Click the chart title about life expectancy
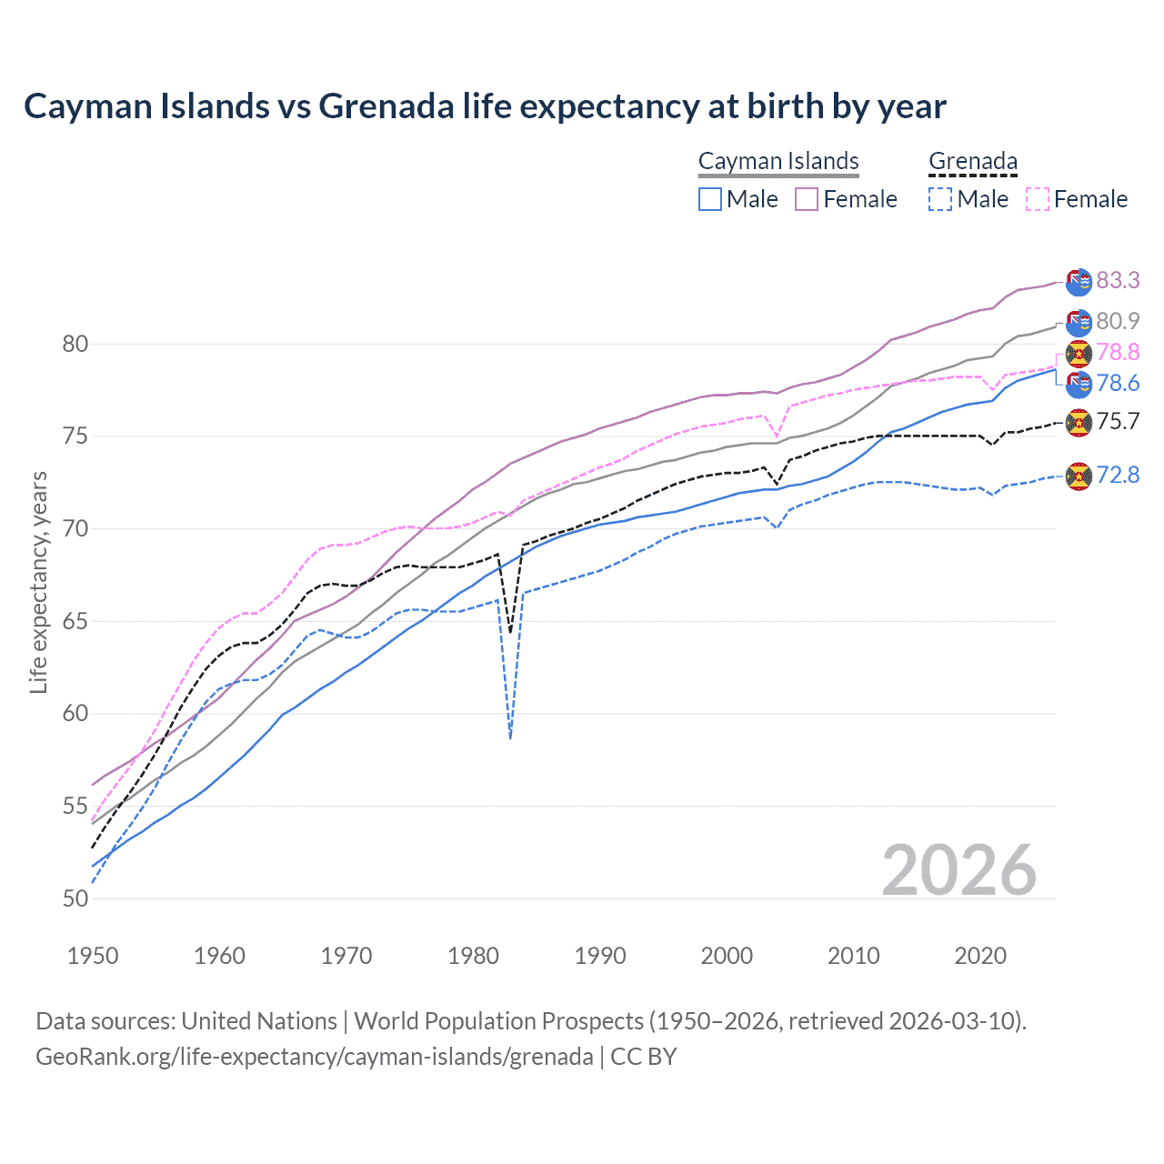(485, 106)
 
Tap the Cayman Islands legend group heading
(778, 161)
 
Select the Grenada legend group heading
(972, 161)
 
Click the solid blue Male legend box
(710, 199)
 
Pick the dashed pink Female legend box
(1038, 199)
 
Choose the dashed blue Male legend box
(940, 199)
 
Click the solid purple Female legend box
(807, 199)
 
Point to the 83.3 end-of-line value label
(1118, 280)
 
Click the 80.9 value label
(1118, 321)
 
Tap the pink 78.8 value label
(1118, 352)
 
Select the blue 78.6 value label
(1118, 383)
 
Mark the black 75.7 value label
(1118, 421)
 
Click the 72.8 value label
(1118, 475)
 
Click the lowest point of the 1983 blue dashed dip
(511, 738)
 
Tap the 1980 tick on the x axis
(473, 956)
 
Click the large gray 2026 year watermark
(958, 870)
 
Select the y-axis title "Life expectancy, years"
(38, 582)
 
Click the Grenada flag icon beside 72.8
(1079, 476)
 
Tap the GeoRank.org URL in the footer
(314, 1057)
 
